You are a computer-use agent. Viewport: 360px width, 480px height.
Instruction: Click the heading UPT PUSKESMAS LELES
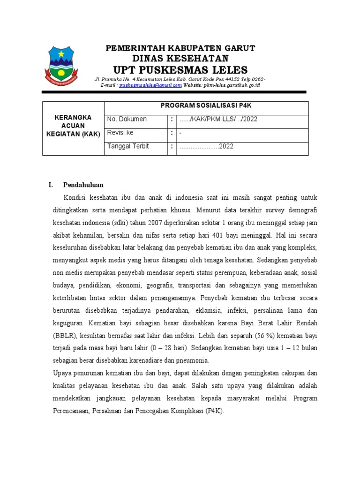180,70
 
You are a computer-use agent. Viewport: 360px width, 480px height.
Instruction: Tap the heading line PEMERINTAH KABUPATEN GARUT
180,48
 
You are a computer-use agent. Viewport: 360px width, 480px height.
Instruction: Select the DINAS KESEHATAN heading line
180,58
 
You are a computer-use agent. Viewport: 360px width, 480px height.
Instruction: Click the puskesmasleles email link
150,86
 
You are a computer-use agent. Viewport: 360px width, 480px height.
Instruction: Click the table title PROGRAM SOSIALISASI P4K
206,105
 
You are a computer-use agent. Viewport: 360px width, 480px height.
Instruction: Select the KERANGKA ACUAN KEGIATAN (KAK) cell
73,126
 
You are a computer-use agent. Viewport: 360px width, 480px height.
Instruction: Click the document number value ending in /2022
218,120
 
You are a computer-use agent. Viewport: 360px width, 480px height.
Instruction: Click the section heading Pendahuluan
83,185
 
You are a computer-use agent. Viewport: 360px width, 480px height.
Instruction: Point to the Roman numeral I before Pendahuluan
50,185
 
